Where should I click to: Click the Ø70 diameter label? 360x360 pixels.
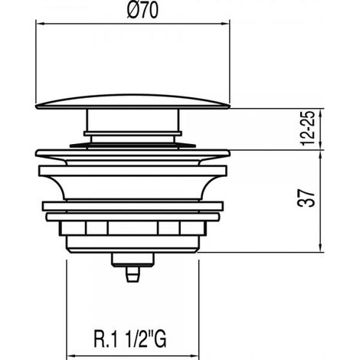[x=142, y=11]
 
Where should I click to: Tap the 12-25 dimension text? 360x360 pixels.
[x=307, y=128]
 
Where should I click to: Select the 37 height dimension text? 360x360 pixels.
[x=306, y=198]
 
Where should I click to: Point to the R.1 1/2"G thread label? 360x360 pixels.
[x=130, y=339]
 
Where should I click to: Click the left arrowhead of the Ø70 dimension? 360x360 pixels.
[x=40, y=24]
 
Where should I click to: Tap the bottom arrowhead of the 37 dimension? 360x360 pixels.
[x=321, y=247]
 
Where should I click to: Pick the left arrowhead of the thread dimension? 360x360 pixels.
[x=71, y=355]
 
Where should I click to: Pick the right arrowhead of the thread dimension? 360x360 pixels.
[x=195, y=355]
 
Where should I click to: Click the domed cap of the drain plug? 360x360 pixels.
[x=133, y=102]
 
